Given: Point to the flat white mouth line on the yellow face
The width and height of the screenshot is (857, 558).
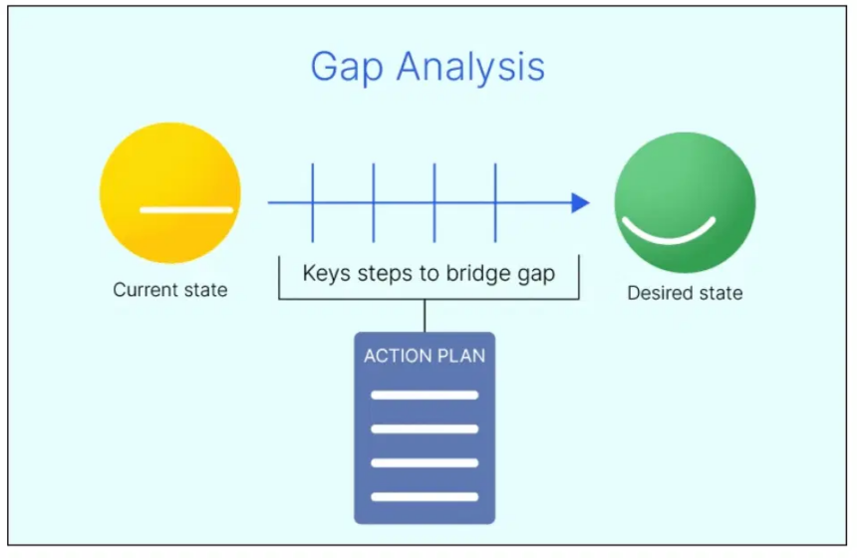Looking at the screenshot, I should point(186,210).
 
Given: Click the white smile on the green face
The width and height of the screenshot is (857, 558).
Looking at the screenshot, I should point(669,232).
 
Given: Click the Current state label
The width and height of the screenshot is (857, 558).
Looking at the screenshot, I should point(169,290).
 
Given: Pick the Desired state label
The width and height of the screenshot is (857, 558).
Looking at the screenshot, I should point(685,293).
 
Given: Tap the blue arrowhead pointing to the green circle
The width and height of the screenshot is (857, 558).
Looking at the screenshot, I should point(580,203).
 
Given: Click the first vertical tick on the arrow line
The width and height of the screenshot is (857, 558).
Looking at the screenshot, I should point(313,203).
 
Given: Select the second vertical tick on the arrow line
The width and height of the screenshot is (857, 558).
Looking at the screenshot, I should point(374,203).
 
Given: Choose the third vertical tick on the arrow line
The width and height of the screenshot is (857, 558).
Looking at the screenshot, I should point(434,203).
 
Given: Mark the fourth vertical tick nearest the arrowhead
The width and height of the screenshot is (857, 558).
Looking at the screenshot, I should point(495,203).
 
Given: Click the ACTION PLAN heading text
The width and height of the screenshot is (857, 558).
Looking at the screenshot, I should point(425,356).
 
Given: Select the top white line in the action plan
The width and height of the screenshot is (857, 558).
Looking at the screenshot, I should point(425,395).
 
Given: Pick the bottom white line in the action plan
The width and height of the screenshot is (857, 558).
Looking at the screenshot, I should point(425,495).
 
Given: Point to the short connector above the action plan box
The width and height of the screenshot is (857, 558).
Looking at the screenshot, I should point(426,315).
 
